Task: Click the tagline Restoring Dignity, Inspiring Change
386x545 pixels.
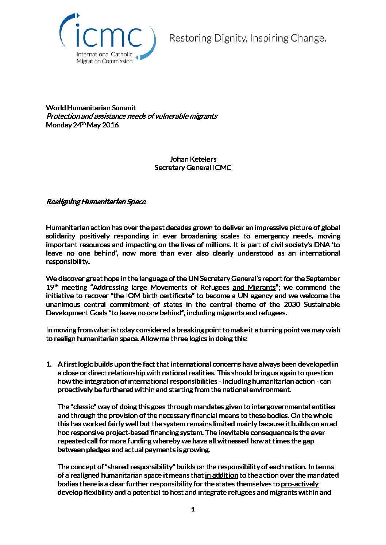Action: click(x=247, y=38)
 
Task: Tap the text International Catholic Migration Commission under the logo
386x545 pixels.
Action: click(x=104, y=58)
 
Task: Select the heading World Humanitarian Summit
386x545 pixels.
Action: click(x=91, y=108)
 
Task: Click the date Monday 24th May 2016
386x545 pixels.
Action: click(x=82, y=125)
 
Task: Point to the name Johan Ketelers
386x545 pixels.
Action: click(x=193, y=159)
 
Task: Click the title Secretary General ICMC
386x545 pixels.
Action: click(x=193, y=167)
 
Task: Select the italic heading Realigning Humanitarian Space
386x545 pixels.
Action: click(x=96, y=202)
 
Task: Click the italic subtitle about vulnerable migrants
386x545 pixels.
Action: click(x=131, y=116)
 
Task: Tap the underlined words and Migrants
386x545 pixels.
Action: click(x=254, y=287)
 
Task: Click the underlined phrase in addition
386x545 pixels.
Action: click(x=221, y=475)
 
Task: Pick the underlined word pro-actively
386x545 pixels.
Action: click(x=300, y=484)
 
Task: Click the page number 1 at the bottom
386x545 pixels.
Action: click(x=193, y=509)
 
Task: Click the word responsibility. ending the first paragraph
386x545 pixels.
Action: click(x=67, y=262)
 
